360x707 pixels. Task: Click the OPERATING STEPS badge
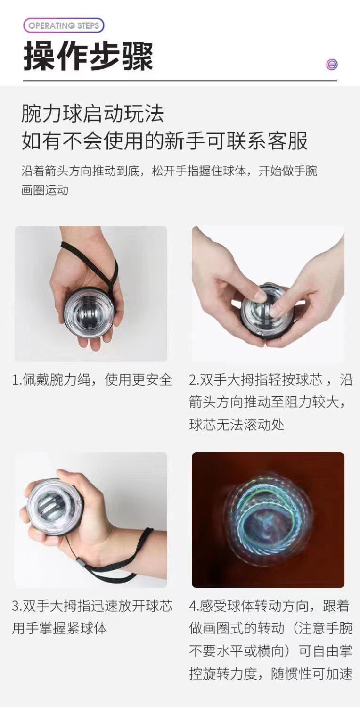coord(64,25)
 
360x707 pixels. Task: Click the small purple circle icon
coord(332,65)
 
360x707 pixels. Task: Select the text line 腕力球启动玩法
coord(92,114)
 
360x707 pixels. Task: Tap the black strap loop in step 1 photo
coord(106,264)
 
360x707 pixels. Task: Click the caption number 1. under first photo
coord(16,380)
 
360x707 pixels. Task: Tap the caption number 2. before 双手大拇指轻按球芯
coord(194,380)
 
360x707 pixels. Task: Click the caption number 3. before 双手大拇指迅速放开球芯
coord(16,606)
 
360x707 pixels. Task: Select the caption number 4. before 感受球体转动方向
coord(194,606)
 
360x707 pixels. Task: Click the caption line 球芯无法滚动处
coord(237,425)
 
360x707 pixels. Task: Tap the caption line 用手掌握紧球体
coord(59,628)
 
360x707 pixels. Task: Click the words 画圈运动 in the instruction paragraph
coord(45,190)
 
